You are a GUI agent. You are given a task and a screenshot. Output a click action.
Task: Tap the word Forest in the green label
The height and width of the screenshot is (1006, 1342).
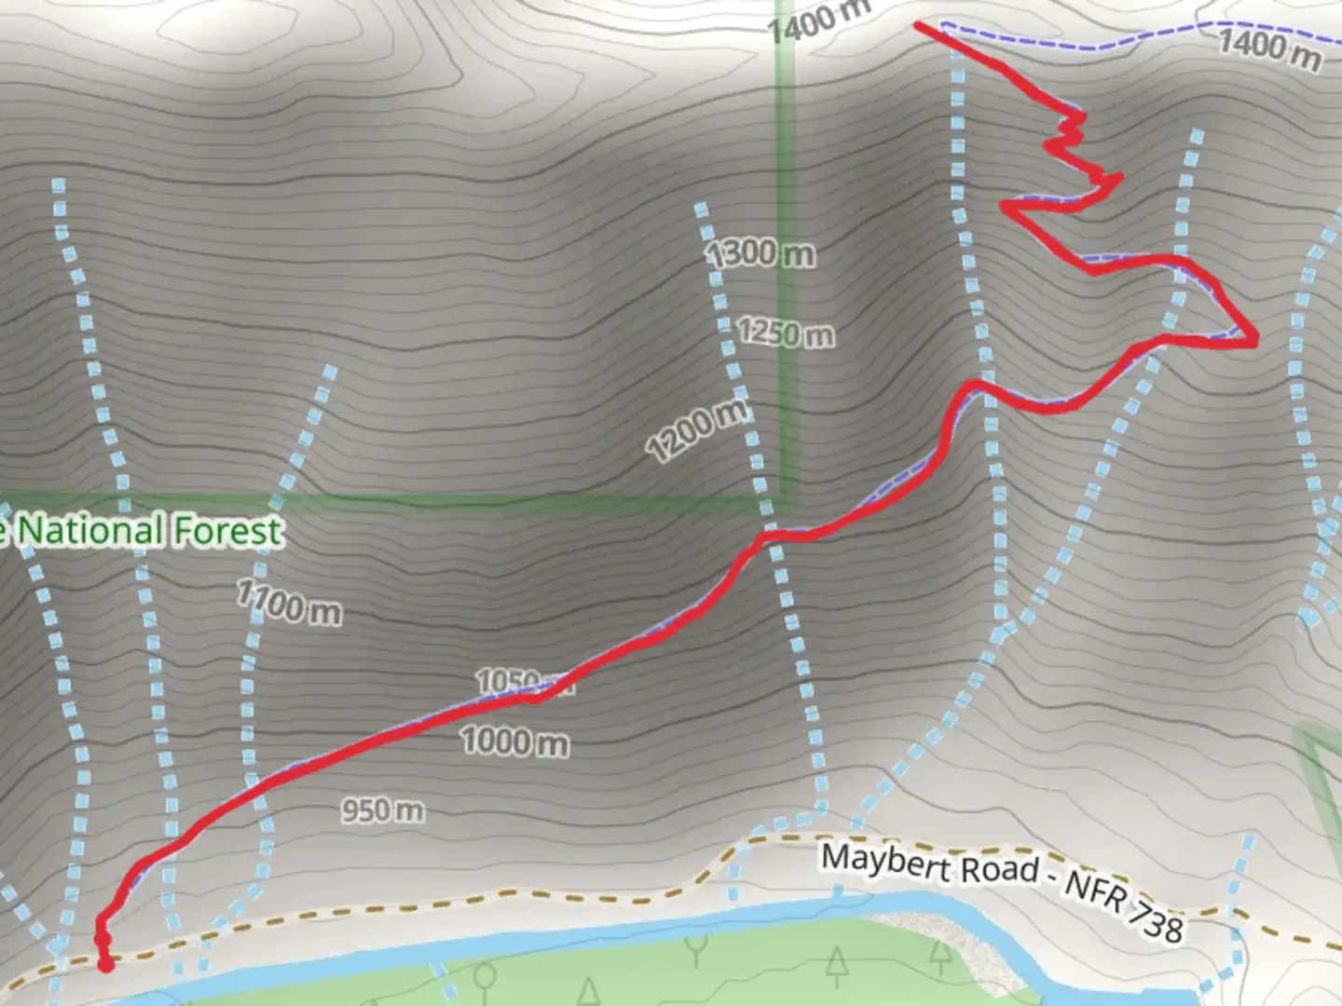point(227,531)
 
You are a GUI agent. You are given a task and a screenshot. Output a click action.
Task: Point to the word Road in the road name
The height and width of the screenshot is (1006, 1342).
point(999,869)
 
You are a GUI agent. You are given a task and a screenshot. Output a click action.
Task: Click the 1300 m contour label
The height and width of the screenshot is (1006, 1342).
point(760,252)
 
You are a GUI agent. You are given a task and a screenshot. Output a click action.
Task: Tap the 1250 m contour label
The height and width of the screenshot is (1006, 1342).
point(786,333)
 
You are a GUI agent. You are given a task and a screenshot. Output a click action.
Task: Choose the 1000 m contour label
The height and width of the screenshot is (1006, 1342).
point(514,741)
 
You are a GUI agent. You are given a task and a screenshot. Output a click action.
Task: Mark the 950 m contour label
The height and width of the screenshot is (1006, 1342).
point(382,810)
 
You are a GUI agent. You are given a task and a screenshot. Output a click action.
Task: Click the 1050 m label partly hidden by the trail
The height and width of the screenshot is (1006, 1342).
point(508,681)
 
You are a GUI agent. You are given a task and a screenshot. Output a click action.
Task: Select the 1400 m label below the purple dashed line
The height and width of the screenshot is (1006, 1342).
point(1269,48)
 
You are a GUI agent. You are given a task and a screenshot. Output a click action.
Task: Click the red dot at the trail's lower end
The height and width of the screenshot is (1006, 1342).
point(105,964)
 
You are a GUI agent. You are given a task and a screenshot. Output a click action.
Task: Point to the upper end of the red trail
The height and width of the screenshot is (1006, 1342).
point(919,26)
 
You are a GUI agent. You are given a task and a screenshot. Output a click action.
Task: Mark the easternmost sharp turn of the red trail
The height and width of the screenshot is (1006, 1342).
point(1254,341)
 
